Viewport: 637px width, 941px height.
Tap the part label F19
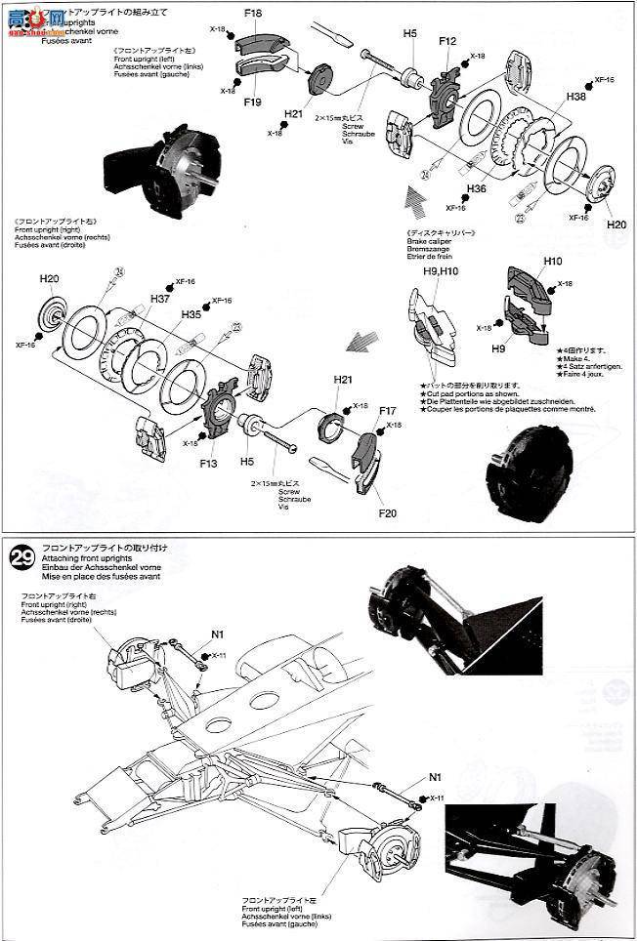[x=252, y=102]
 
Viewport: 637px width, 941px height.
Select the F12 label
[x=447, y=41]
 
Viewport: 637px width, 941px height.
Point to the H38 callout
[x=575, y=98]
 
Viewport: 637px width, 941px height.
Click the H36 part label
[x=477, y=188]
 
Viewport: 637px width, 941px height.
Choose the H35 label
[x=191, y=315]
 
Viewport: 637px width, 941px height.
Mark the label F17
[x=387, y=412]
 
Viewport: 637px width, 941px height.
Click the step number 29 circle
[x=21, y=557]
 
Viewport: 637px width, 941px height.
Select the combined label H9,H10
[x=442, y=271]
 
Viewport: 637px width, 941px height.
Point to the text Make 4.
[x=571, y=358]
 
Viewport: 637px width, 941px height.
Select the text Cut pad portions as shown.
[x=471, y=393]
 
